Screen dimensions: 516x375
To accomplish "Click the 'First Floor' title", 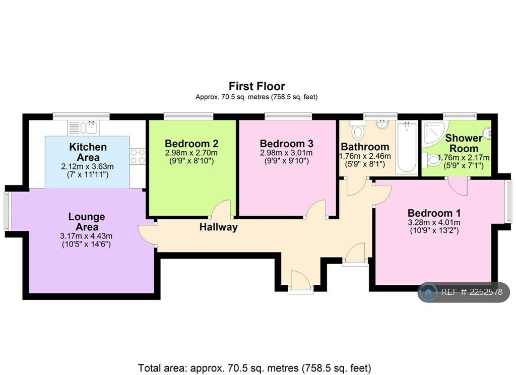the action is coord(257,86).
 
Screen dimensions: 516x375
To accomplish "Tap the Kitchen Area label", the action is coord(88,152).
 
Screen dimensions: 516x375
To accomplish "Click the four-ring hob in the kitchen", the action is coord(138,156).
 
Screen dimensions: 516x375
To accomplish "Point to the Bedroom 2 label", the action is coord(191,144).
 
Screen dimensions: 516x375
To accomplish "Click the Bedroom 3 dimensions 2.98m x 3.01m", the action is coord(286,153).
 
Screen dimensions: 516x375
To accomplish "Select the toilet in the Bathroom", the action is coord(358,130).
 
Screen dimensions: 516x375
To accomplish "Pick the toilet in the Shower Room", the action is coord(431,160).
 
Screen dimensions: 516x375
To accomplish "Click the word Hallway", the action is coord(219,227).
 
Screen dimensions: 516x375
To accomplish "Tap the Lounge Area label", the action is coord(87,222).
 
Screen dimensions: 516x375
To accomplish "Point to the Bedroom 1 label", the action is coord(434,213).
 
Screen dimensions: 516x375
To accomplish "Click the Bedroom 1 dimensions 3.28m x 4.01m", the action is coord(434,222).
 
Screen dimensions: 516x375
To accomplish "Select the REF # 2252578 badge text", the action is coord(472,292).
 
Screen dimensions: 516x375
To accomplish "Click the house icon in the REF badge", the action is coord(428,292).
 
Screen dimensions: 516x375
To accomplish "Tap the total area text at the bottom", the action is coord(254,368).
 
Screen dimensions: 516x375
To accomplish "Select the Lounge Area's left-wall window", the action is coord(8,211).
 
